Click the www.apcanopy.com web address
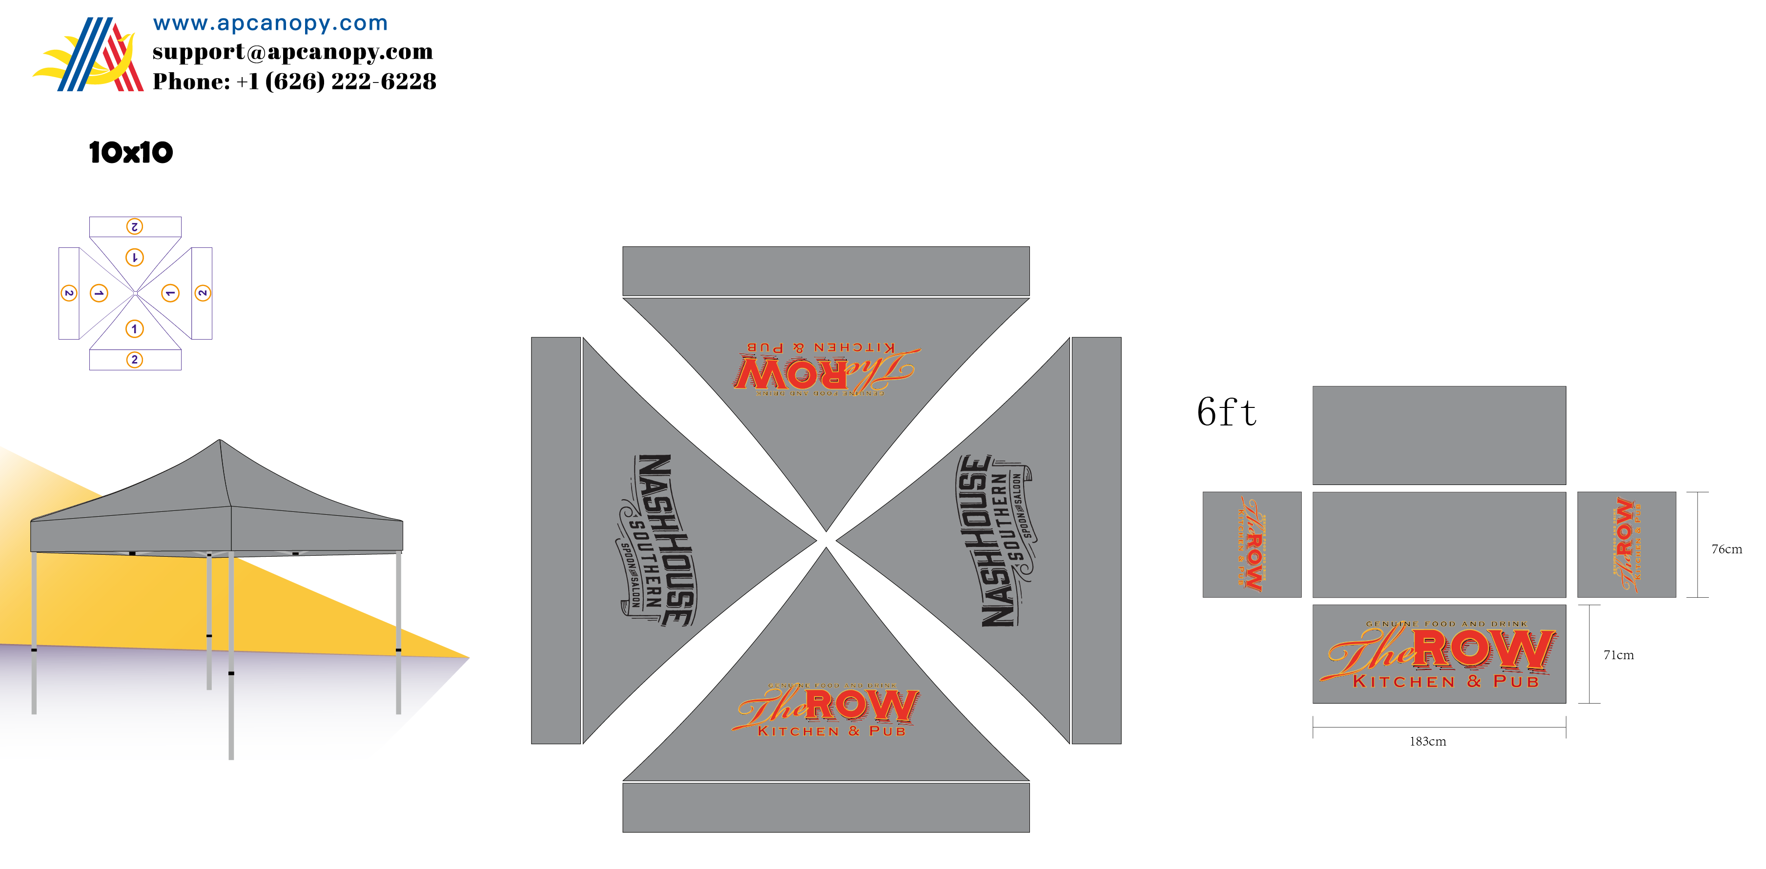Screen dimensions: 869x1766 point(270,23)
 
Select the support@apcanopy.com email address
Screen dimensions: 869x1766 point(293,52)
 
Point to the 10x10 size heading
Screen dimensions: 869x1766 point(131,152)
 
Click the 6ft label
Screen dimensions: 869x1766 point(1227,413)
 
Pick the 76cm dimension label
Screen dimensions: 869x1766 point(1726,549)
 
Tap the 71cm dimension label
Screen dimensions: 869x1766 point(1618,655)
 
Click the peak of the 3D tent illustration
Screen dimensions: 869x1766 point(219,441)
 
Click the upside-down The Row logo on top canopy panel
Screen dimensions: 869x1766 point(825,370)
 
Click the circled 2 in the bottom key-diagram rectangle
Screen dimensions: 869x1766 point(135,360)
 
